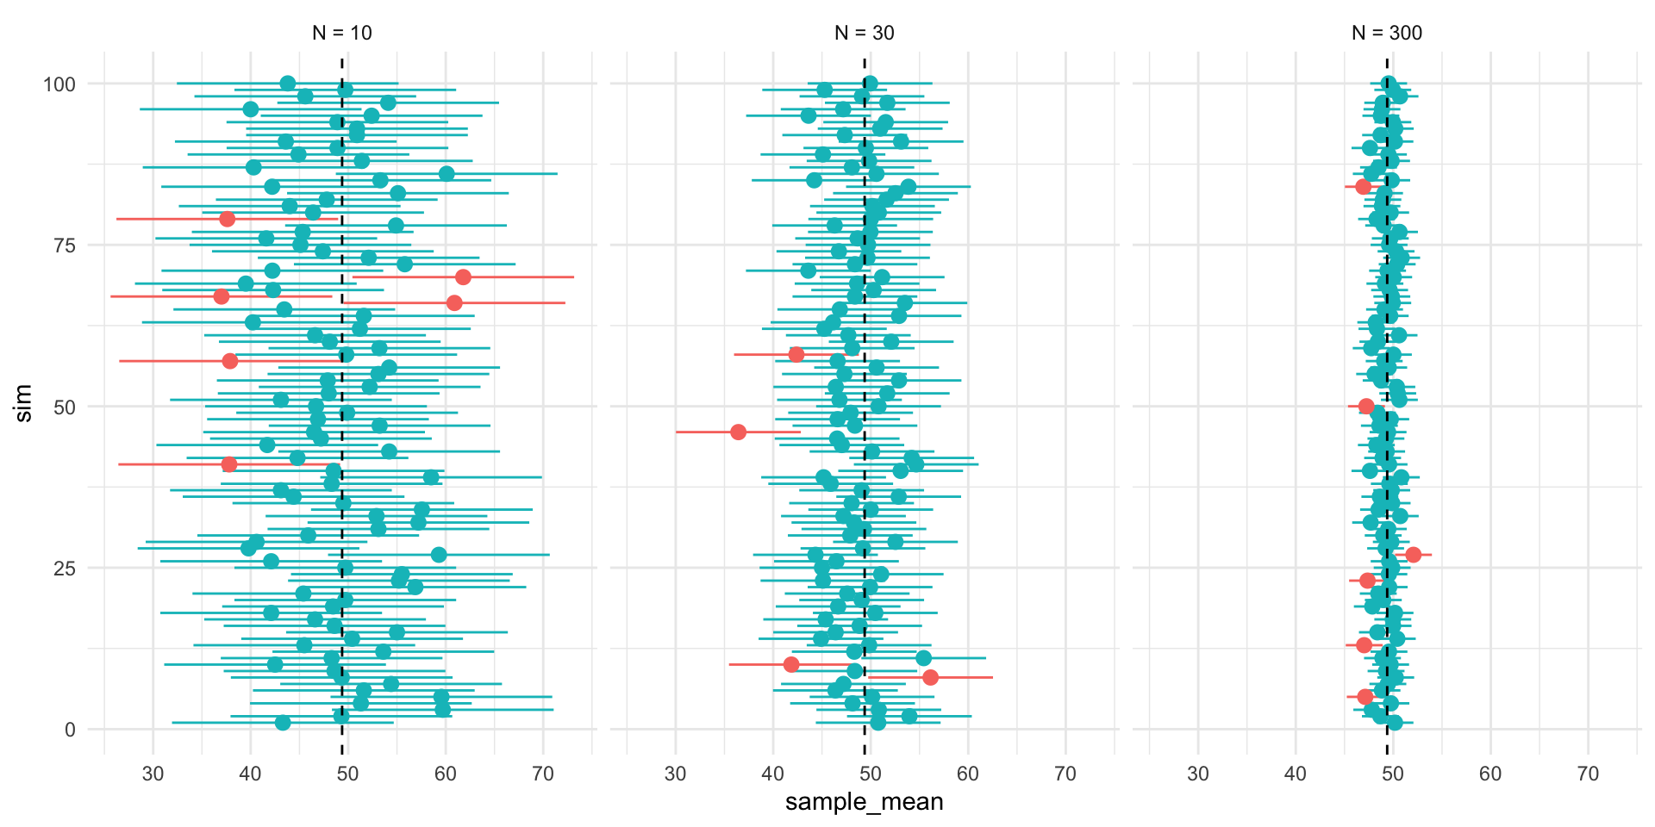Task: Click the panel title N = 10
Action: click(x=342, y=33)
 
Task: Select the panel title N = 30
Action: click(x=865, y=33)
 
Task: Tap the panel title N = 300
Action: click(x=1387, y=33)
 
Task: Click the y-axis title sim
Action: click(x=24, y=403)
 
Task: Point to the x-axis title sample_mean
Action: click(x=864, y=802)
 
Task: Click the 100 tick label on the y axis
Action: click(x=59, y=84)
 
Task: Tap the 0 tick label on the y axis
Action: click(x=70, y=730)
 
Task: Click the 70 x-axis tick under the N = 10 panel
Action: click(x=543, y=774)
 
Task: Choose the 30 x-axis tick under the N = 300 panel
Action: click(x=1198, y=774)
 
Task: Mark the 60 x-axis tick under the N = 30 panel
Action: click(x=968, y=774)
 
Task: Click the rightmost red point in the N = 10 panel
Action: click(x=463, y=277)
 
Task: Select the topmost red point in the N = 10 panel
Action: click(x=227, y=219)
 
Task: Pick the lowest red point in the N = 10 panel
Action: click(x=228, y=464)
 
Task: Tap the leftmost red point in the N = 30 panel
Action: click(x=738, y=432)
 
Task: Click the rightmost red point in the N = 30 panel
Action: click(x=930, y=677)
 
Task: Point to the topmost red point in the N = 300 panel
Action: click(x=1363, y=187)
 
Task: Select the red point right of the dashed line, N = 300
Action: click(x=1413, y=555)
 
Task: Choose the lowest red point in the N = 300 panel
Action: click(x=1365, y=696)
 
